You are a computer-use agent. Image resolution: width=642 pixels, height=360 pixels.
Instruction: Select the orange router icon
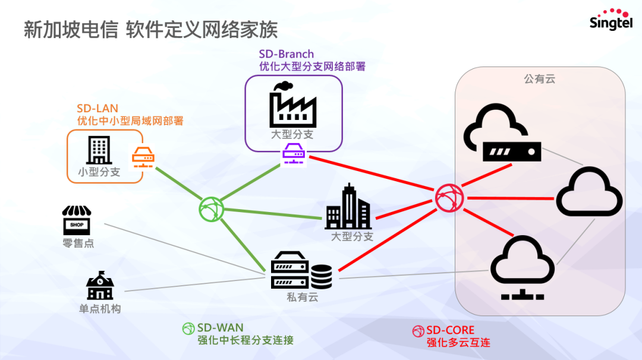(x=143, y=157)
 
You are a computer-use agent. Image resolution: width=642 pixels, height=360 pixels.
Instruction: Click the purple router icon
(x=293, y=154)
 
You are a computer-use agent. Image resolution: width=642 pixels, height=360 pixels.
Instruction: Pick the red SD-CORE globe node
(x=449, y=198)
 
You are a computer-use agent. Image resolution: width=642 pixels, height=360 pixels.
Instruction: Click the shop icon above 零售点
(x=77, y=220)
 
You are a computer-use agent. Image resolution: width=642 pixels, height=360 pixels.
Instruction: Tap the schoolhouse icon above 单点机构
(x=99, y=286)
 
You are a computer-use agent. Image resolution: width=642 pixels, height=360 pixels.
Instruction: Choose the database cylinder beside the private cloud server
(x=322, y=277)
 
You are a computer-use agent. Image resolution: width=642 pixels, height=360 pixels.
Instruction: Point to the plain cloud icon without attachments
(x=589, y=191)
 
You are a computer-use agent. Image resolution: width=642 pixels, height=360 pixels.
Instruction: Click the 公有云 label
(x=539, y=78)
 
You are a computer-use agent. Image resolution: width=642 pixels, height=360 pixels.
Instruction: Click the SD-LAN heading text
(x=97, y=109)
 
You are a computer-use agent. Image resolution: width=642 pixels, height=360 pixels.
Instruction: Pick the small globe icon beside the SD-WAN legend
(x=188, y=329)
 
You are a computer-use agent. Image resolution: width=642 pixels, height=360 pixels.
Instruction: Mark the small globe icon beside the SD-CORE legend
(x=418, y=331)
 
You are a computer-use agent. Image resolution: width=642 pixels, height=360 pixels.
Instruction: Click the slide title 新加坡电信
(x=71, y=30)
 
